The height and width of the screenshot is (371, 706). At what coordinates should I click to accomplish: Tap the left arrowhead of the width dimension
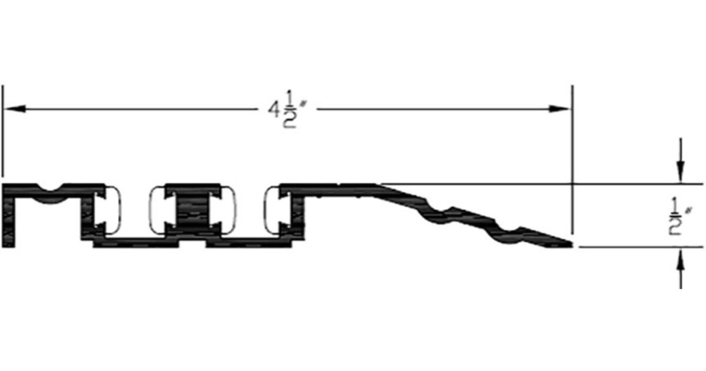14,109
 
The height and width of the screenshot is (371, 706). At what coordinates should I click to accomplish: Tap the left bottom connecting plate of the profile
135,243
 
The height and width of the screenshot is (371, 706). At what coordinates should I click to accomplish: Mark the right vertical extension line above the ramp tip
572,147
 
